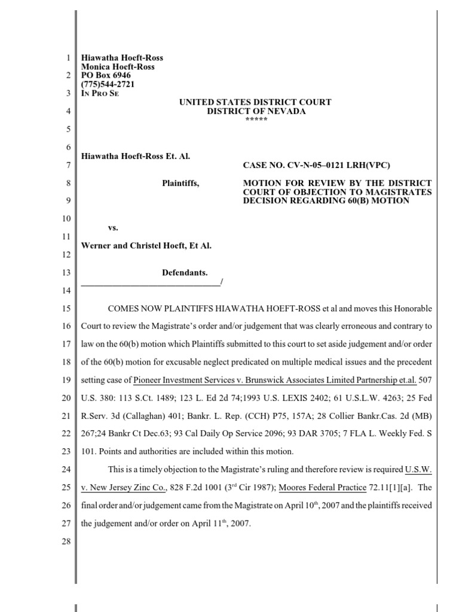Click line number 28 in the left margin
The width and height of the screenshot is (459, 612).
click(68, 541)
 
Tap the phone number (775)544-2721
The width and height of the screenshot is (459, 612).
click(108, 84)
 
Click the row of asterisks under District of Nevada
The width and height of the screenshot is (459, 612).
click(256, 120)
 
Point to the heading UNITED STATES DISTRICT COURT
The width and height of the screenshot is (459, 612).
click(256, 103)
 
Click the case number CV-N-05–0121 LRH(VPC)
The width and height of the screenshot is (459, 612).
click(336, 165)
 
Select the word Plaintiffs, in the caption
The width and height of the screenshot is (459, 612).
click(180, 183)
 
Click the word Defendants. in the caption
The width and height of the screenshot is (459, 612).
click(185, 273)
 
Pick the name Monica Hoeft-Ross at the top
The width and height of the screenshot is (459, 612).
click(118, 67)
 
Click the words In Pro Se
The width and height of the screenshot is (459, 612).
click(100, 93)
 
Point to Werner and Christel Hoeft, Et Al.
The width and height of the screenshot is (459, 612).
click(146, 246)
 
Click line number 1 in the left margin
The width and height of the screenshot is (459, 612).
click(69, 58)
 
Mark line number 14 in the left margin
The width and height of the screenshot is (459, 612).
click(68, 290)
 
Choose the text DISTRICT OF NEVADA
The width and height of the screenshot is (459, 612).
click(256, 112)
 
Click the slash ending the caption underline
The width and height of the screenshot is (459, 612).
click(221, 281)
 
